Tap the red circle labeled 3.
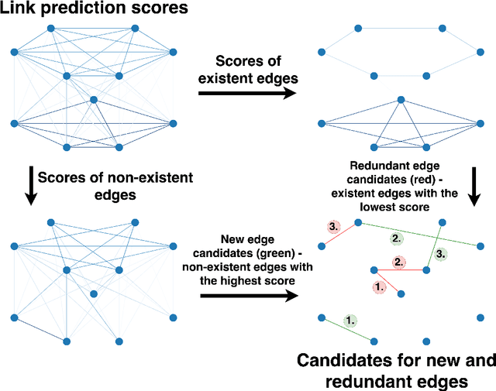pyautogui.click(x=333, y=228)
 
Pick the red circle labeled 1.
pyautogui.click(x=379, y=286)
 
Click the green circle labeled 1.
pyautogui.click(x=350, y=319)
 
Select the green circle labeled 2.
pyautogui.click(x=396, y=238)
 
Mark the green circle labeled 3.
pyautogui.click(x=439, y=253)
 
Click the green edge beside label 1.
pyautogui.click(x=347, y=329)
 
